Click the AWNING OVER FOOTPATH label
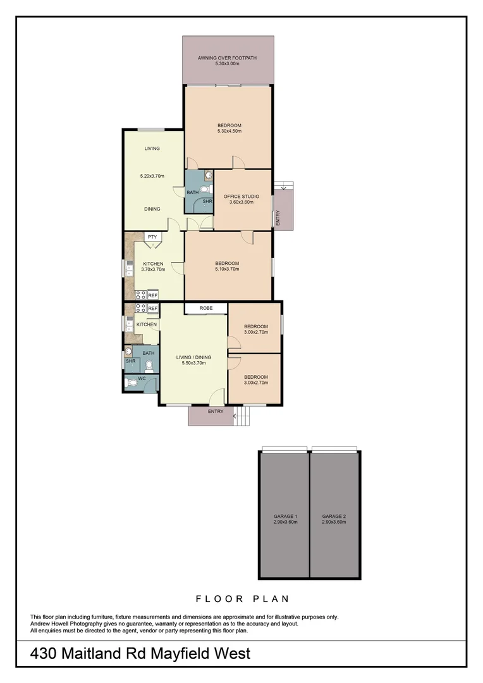228,58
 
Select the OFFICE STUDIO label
241,197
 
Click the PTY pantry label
152,237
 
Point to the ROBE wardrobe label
206,308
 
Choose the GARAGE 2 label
334,516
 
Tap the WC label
142,378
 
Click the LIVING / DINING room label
193,357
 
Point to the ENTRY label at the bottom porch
216,412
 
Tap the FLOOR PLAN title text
242,598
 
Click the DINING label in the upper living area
152,209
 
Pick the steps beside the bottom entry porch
242,416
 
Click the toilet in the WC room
131,383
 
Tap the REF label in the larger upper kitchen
153,295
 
